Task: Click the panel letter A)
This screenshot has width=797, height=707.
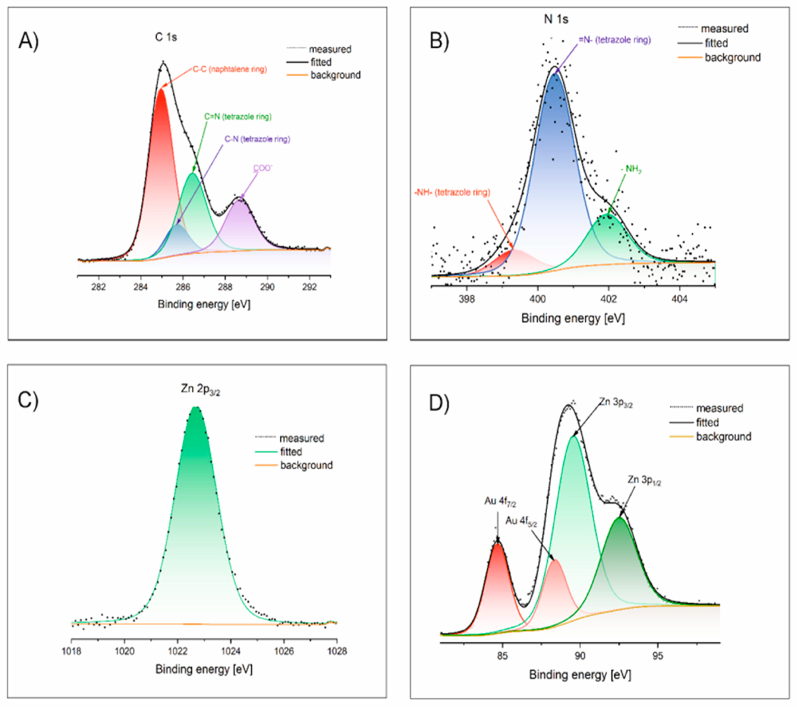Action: (28, 41)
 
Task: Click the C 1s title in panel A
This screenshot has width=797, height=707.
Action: (166, 38)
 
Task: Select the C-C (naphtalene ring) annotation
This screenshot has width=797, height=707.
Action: (230, 69)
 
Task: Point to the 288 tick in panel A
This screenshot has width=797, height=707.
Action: (225, 287)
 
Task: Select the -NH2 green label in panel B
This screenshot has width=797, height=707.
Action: (631, 169)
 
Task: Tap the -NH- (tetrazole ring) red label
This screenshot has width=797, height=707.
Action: (452, 192)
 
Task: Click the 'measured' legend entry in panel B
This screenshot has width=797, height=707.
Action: (724, 28)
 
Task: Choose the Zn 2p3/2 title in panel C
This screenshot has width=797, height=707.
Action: (200, 389)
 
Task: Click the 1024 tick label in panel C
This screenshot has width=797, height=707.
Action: (231, 651)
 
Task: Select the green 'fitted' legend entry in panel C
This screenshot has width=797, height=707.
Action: (291, 452)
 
